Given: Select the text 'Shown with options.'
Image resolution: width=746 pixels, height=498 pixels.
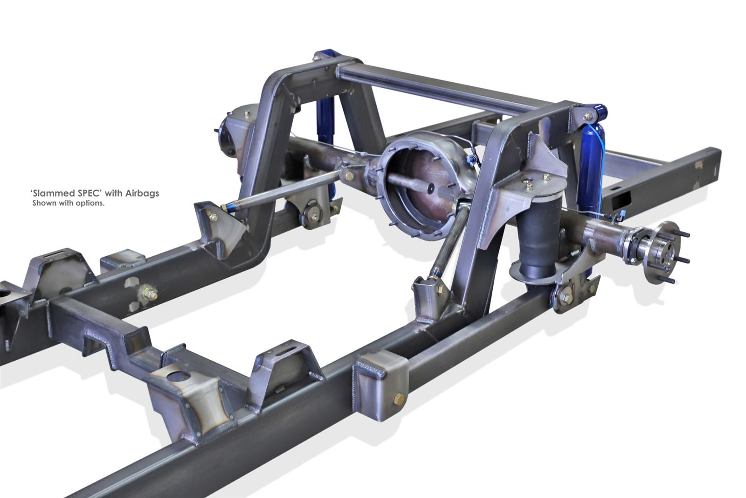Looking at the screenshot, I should pos(68,203).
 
